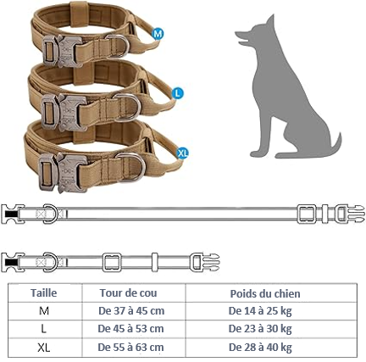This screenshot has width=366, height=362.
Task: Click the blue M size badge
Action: [158, 34]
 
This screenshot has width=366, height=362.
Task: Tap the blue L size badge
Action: [178, 93]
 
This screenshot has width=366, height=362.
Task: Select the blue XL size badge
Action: [182, 153]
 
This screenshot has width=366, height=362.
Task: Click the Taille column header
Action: [44, 292]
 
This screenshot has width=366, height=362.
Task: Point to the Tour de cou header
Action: [128, 292]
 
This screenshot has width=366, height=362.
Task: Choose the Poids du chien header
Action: [265, 293]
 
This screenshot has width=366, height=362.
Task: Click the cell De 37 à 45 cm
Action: [131, 311]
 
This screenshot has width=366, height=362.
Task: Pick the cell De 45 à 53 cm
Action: [130, 329]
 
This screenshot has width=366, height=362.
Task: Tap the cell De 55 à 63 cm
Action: [130, 347]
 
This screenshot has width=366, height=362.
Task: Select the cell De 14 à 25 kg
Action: [260, 311]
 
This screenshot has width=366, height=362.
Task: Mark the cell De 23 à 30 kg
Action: [260, 329]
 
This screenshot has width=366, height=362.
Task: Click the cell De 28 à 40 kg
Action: [260, 347]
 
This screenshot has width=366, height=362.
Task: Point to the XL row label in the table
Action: [44, 348]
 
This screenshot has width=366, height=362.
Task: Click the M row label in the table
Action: [44, 311]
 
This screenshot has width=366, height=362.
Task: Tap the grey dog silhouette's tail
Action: [336, 147]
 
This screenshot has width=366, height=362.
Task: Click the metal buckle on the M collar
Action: [63, 51]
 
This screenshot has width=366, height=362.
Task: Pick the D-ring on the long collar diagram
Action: [51, 214]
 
